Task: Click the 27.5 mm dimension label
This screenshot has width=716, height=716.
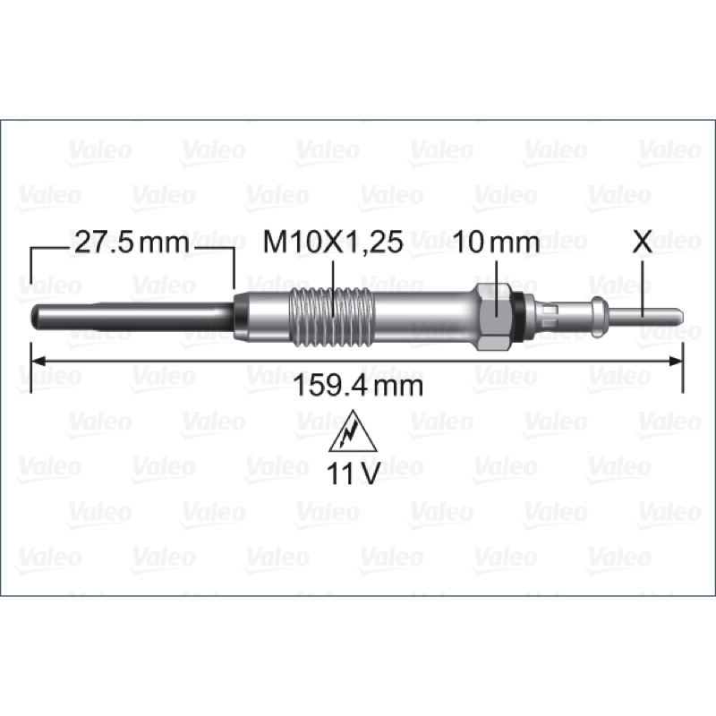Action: (x=132, y=243)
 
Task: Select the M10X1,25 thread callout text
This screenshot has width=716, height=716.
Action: (x=333, y=243)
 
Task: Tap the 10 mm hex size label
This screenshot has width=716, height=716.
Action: (x=497, y=243)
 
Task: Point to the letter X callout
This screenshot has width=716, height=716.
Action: (x=642, y=243)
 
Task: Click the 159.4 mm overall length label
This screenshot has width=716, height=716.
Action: (x=358, y=386)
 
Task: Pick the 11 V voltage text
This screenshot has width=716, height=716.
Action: (x=353, y=473)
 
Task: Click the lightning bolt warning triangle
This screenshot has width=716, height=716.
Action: (x=353, y=431)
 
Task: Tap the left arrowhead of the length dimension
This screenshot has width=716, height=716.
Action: (x=38, y=362)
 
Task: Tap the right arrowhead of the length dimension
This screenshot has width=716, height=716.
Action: (x=676, y=362)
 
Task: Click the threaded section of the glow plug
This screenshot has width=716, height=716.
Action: (x=332, y=317)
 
